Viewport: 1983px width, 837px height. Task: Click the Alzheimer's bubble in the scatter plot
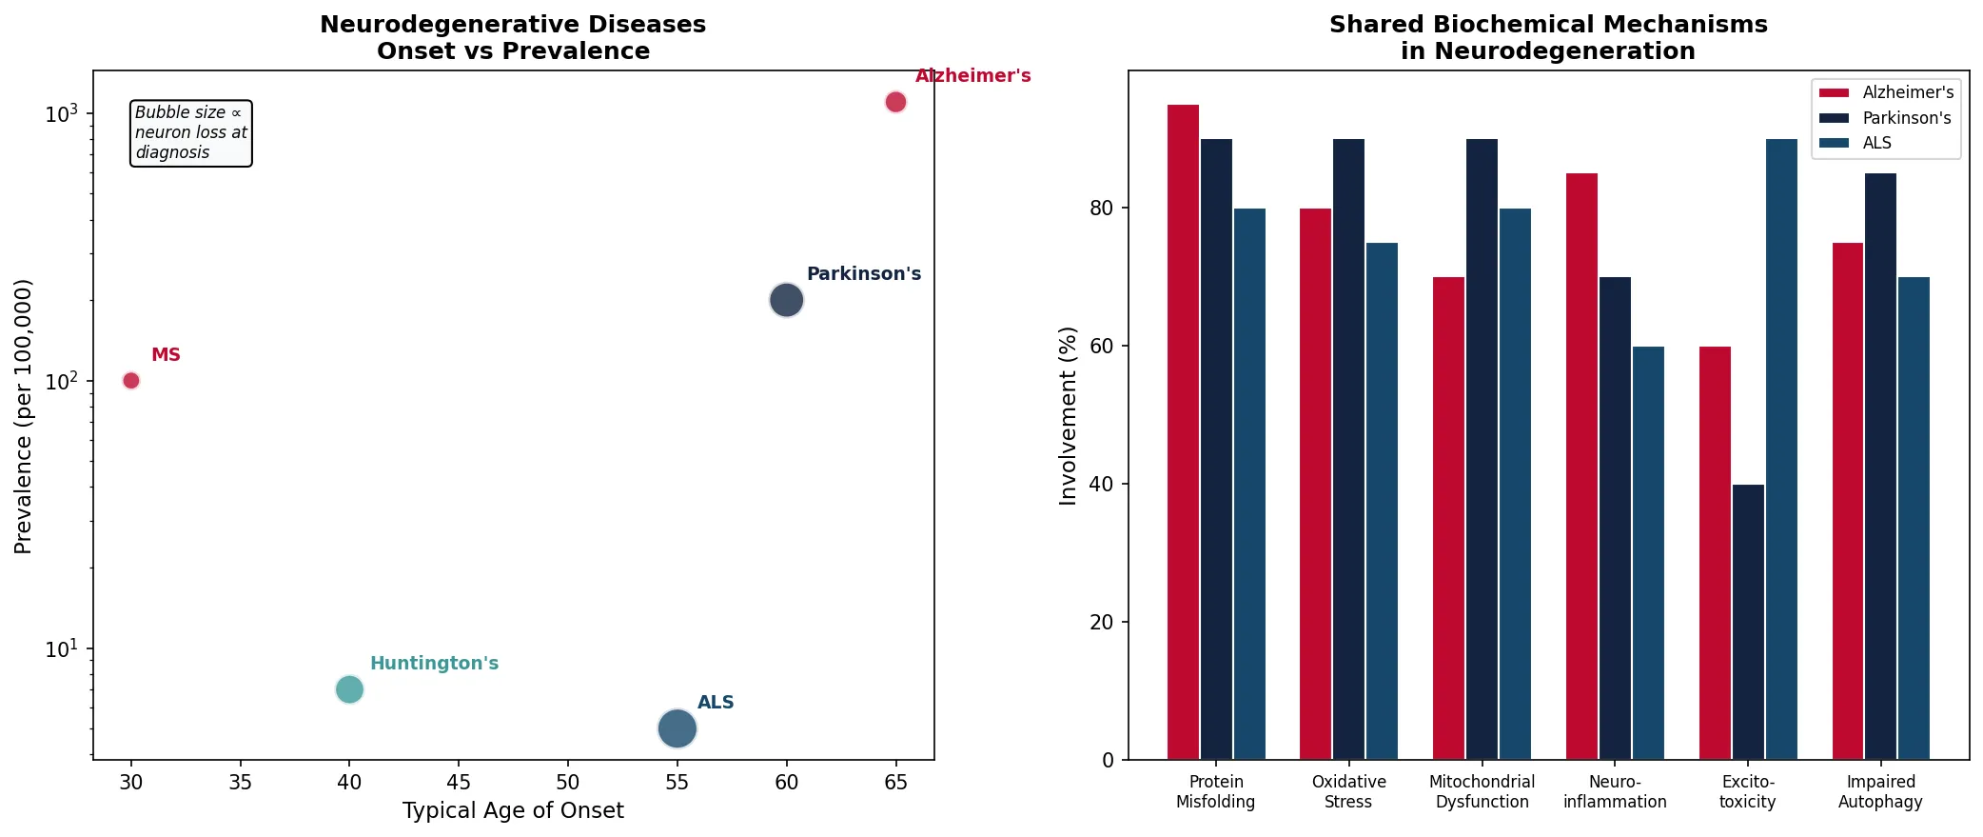click(x=895, y=102)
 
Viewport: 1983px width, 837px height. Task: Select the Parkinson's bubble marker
click(x=786, y=300)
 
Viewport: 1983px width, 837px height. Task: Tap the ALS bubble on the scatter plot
click(x=677, y=729)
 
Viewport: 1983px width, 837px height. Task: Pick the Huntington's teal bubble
click(x=349, y=689)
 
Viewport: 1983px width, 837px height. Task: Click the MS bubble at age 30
click(x=131, y=381)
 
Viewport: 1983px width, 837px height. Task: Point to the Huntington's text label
click(x=434, y=663)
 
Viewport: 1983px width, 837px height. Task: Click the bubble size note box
click(x=190, y=133)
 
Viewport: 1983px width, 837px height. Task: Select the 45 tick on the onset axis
click(x=459, y=782)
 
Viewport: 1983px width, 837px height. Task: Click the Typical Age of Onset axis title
click(x=513, y=810)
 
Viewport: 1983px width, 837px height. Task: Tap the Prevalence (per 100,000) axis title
click(x=24, y=416)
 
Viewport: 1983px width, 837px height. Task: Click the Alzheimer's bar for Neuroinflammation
click(x=1581, y=466)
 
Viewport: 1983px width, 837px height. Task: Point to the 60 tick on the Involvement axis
click(x=1101, y=346)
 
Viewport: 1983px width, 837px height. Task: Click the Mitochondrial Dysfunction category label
click(x=1482, y=791)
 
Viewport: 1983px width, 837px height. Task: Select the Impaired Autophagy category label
click(x=1880, y=791)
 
